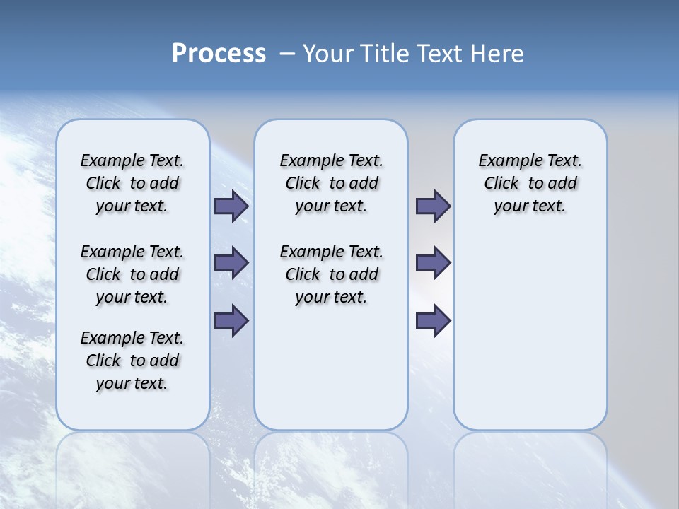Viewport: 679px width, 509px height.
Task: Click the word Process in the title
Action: click(219, 54)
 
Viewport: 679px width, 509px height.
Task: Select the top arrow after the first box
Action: click(231, 206)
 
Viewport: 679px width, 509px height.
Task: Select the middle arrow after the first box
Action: click(231, 263)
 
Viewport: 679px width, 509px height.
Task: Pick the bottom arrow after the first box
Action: click(231, 320)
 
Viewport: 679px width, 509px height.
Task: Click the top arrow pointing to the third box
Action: click(433, 206)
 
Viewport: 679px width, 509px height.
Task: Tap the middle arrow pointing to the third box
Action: click(433, 263)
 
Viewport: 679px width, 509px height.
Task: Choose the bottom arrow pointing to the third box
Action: click(433, 320)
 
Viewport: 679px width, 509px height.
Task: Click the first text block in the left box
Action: click(132, 183)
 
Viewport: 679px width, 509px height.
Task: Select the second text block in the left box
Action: click(132, 274)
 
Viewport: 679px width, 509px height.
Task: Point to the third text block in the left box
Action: click(132, 361)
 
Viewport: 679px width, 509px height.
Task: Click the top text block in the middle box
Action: click(331, 183)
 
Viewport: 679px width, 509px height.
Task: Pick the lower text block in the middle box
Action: click(331, 274)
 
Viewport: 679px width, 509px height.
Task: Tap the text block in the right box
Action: click(530, 183)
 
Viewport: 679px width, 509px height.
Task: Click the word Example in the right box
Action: click(504, 161)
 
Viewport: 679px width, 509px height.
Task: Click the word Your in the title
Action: click(328, 54)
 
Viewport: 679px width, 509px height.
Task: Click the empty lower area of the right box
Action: click(530, 339)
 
